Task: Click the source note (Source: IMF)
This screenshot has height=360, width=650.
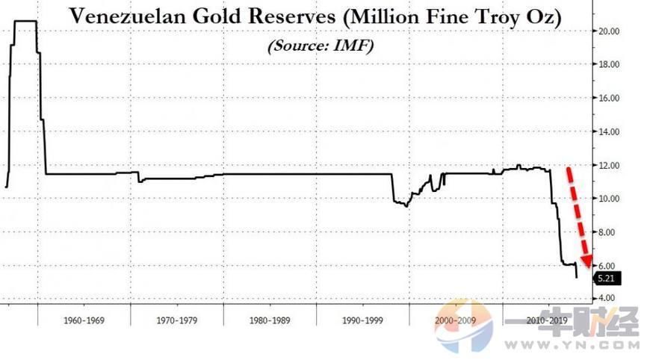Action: pos(321,46)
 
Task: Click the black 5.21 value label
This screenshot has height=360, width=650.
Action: pos(607,279)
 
